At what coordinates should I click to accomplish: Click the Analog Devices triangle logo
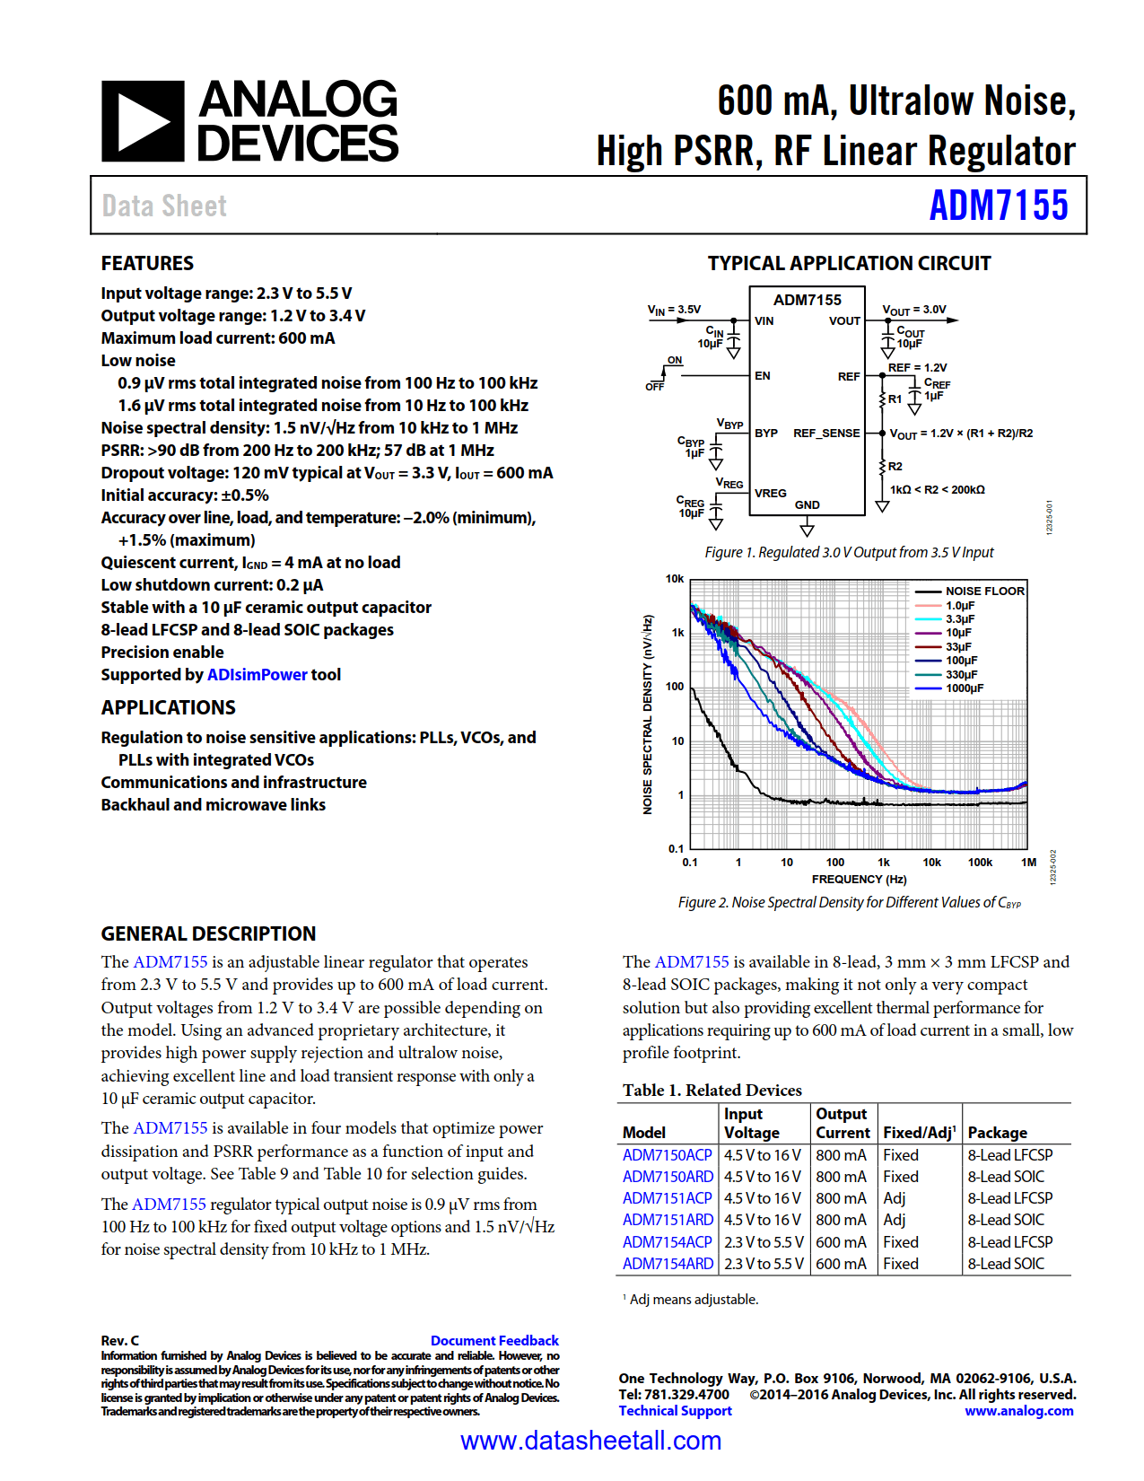click(143, 121)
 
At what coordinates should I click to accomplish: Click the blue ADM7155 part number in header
click(998, 206)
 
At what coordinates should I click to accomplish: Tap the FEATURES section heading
click(147, 263)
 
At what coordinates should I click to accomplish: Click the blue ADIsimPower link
click(257, 675)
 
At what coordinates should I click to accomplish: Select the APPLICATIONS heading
click(168, 707)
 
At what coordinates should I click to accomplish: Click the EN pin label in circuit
click(762, 376)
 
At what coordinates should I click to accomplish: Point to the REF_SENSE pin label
click(825, 434)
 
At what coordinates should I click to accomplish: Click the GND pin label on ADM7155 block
click(807, 504)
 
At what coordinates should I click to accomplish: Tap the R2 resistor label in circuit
click(895, 467)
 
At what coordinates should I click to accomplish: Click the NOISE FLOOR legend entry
click(983, 592)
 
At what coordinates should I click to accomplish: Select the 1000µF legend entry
click(964, 688)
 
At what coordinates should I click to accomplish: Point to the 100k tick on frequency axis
click(980, 863)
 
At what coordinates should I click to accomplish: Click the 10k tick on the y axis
click(674, 579)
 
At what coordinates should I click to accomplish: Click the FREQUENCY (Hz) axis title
click(859, 880)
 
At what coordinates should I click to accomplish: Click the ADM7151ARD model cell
click(668, 1220)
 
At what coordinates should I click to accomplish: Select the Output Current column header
click(842, 1123)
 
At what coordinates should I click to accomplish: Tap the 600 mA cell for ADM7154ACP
click(841, 1242)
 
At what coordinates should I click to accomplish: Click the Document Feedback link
click(493, 1340)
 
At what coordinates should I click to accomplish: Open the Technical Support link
click(675, 1411)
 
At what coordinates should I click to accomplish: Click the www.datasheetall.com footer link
click(590, 1442)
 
